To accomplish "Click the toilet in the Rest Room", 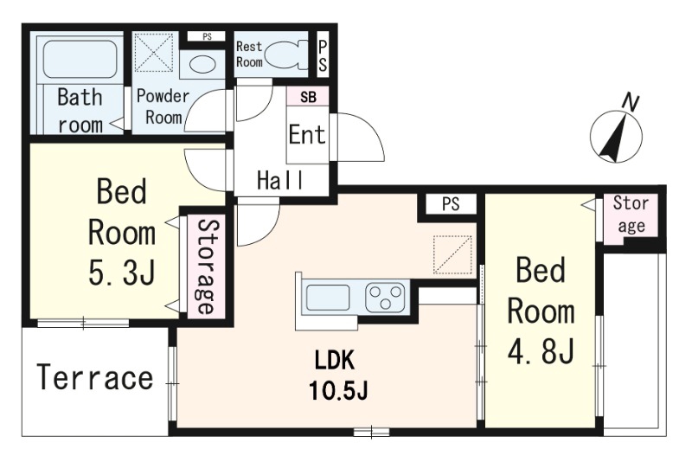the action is click(288, 55).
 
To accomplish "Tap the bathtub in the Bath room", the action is click(80, 60).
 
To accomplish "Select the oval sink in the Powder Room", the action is click(202, 64).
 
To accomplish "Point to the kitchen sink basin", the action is click(328, 297).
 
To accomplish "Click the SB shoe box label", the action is click(308, 97).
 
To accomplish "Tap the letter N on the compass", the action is click(631, 103).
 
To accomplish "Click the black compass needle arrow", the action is click(612, 138).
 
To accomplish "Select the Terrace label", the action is click(95, 378).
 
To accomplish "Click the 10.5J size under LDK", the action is click(338, 390).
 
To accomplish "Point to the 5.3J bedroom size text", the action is click(122, 273).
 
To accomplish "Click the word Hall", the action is click(280, 180).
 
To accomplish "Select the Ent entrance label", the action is click(307, 134).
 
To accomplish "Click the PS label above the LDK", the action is click(451, 204).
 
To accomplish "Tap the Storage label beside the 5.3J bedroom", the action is click(206, 266).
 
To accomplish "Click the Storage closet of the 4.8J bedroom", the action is click(631, 218).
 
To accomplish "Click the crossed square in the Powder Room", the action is click(153, 52).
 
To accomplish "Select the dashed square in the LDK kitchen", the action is click(452, 254).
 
